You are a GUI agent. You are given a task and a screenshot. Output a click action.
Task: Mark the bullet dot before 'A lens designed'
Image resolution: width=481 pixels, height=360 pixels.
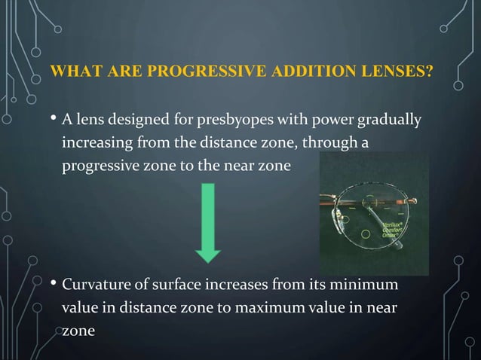(53, 120)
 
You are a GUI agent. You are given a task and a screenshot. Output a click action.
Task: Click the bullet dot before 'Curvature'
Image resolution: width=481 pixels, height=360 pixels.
(53, 286)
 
